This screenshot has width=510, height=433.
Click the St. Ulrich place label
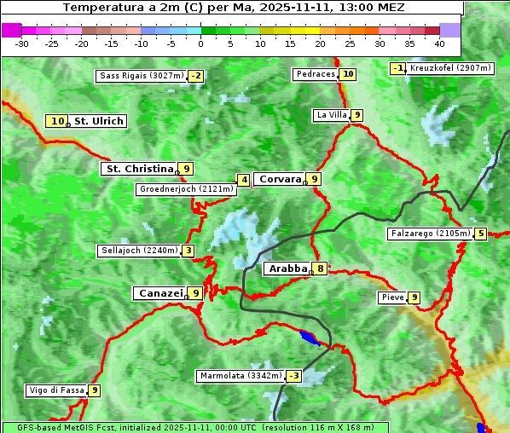point(98,121)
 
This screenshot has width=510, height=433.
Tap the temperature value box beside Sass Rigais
point(196,76)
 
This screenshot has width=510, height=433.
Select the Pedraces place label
point(316,74)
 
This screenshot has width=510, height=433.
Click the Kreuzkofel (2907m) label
point(449,67)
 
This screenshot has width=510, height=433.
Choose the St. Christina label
point(137,169)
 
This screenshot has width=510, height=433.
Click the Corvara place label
point(280,179)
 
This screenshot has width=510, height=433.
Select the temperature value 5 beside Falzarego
point(481,234)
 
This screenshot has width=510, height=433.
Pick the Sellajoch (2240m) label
point(138,251)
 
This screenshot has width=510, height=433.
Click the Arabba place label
point(287,268)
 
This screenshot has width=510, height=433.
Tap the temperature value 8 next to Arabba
point(320,268)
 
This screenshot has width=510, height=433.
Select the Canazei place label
point(159,293)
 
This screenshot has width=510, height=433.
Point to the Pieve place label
point(392,297)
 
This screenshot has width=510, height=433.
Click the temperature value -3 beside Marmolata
point(294,376)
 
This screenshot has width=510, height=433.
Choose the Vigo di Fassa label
point(57,390)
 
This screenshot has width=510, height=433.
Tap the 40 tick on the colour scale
point(439,43)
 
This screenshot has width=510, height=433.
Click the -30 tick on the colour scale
point(22,43)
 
